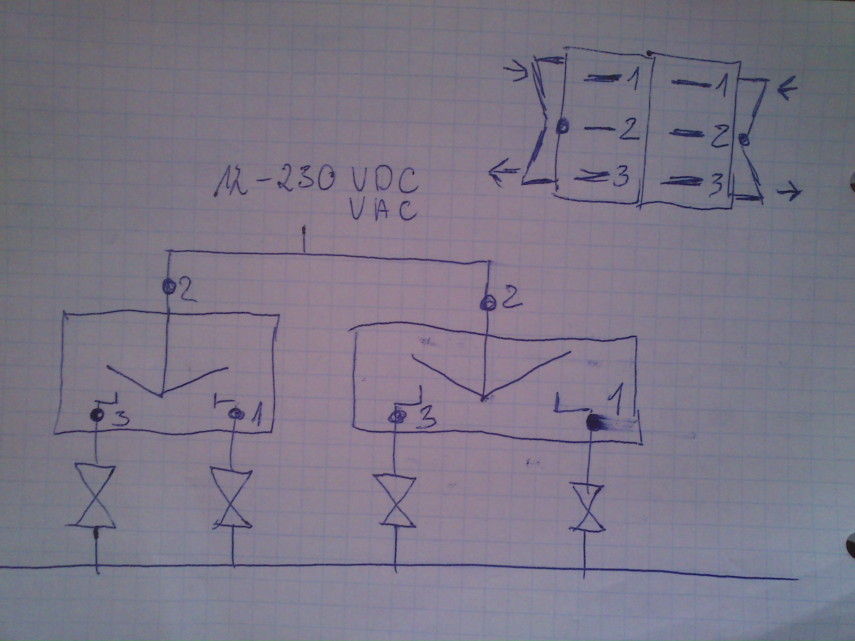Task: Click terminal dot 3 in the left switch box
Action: pyautogui.click(x=97, y=415)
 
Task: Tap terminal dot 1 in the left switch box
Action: pyautogui.click(x=234, y=414)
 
